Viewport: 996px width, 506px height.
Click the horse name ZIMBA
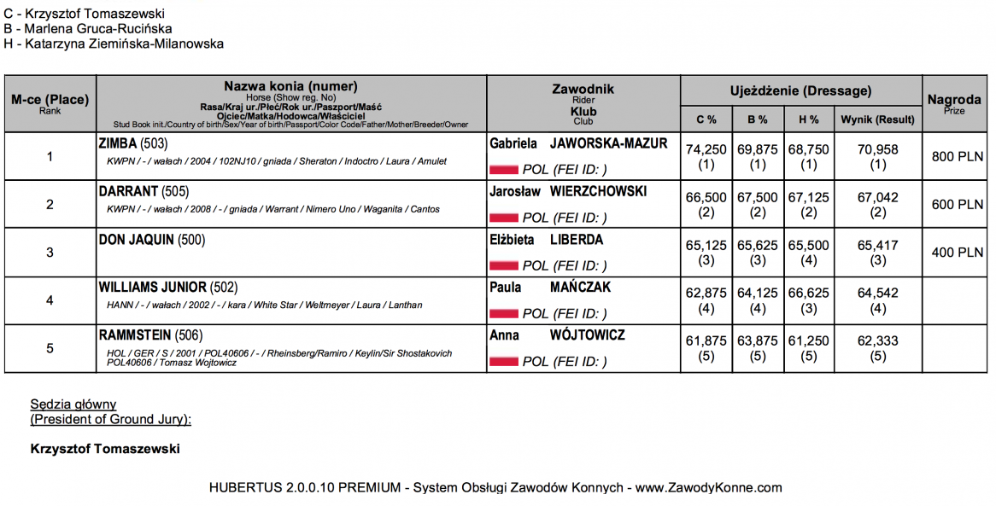118,143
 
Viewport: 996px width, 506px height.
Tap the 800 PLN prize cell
958,157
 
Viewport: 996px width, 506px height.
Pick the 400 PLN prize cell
958,253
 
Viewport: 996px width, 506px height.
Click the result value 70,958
878,149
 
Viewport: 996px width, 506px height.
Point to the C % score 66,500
706,197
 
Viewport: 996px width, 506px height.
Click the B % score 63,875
757,340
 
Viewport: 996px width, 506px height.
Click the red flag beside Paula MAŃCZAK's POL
503,314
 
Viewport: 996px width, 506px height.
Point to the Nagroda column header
953,100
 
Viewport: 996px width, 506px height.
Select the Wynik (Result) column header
877,119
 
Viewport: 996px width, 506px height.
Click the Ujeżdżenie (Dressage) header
800,90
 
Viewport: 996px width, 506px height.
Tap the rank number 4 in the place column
50,300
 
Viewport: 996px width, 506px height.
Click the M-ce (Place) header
50,100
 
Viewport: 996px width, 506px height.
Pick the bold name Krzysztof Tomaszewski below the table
105,449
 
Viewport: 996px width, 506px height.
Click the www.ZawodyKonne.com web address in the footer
708,488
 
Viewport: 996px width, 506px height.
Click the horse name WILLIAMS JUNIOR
152,288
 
